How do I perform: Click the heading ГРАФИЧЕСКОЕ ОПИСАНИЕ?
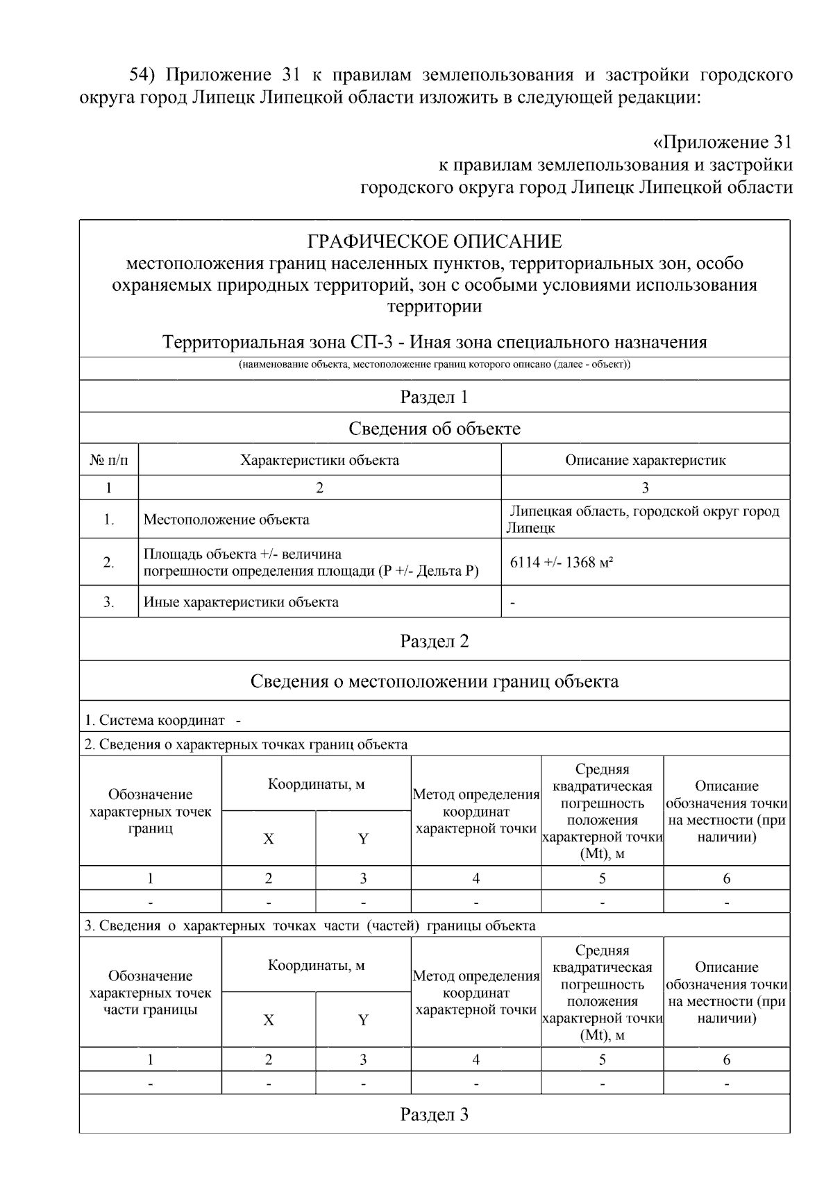tap(435, 241)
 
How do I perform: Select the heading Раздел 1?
tap(435, 397)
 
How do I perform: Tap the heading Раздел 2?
tap(435, 641)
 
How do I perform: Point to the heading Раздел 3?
tap(435, 1114)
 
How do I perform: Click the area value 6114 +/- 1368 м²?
tap(561, 562)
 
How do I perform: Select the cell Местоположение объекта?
tap(226, 520)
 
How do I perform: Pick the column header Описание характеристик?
tap(645, 460)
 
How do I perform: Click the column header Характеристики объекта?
tap(319, 460)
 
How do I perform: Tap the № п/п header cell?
tap(109, 460)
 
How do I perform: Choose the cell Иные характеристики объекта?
tap(241, 602)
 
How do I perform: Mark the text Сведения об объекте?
tap(435, 429)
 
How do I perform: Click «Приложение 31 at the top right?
tap(722, 143)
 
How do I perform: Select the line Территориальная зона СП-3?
tap(435, 342)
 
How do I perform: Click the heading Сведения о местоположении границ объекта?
tap(435, 681)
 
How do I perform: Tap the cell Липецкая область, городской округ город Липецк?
tap(644, 520)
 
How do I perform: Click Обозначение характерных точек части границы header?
tap(151, 993)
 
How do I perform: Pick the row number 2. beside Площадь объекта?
tap(109, 563)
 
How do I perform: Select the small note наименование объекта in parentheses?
tap(435, 365)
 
